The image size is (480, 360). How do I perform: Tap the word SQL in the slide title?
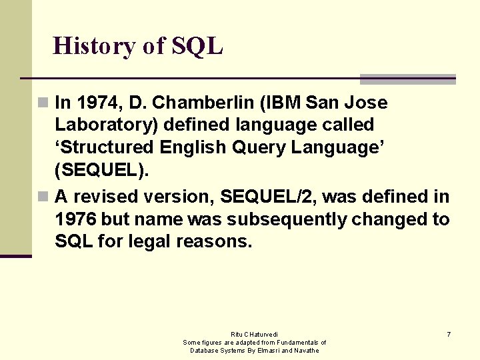(x=197, y=46)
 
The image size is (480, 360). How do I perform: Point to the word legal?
(x=149, y=241)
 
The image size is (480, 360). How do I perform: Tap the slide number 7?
(x=449, y=334)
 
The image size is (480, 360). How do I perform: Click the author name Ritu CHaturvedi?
(x=255, y=334)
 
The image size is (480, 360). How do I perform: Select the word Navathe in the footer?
(x=305, y=351)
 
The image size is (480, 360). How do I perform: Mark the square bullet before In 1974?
(x=43, y=103)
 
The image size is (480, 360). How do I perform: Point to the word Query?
(x=243, y=147)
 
